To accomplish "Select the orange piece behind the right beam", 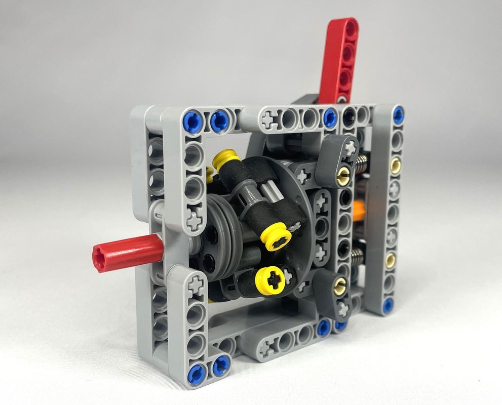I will [360, 209].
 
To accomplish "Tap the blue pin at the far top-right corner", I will [398, 115].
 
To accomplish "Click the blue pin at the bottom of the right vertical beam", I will [388, 305].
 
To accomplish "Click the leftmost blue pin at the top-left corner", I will [193, 122].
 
